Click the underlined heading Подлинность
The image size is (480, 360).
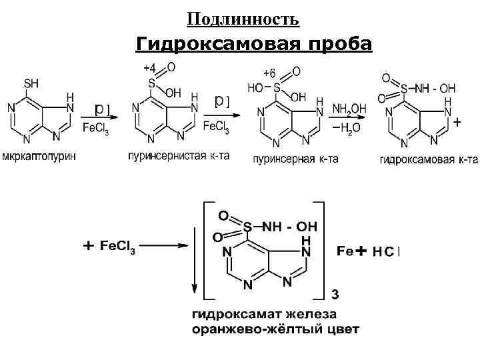pyautogui.click(x=243, y=19)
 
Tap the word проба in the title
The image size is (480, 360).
pyautogui.click(x=340, y=45)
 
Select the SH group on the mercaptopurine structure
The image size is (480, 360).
pyautogui.click(x=31, y=84)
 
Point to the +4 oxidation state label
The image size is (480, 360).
pyautogui.click(x=150, y=68)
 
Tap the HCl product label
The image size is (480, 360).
pyautogui.click(x=386, y=252)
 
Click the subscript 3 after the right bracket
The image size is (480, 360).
pyautogui.click(x=335, y=294)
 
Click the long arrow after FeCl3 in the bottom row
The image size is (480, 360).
pyautogui.click(x=164, y=246)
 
